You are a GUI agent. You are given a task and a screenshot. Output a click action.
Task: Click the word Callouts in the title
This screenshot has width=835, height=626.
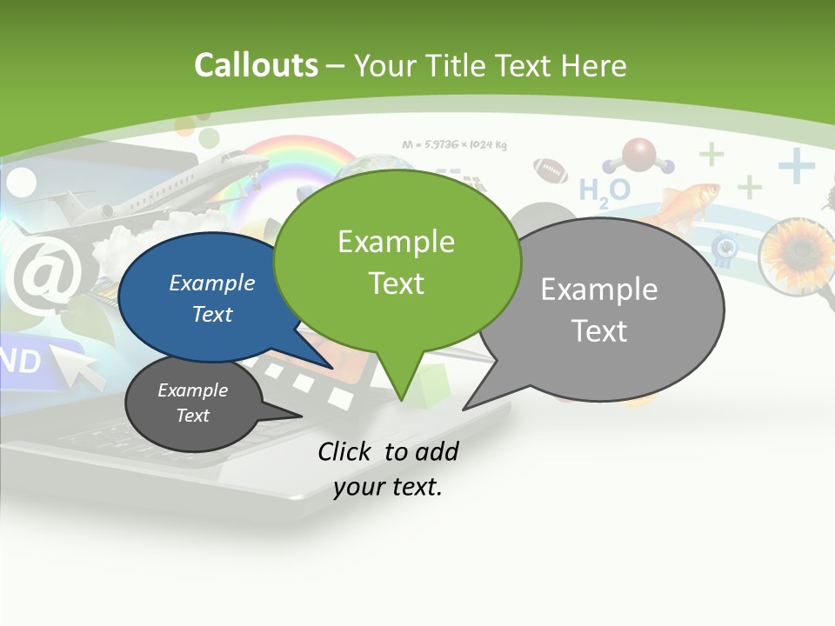pyautogui.click(x=256, y=65)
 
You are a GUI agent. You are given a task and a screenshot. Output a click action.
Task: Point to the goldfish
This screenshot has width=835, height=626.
pyautogui.click(x=687, y=200)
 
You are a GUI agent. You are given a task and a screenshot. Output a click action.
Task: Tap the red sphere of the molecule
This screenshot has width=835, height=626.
pyautogui.click(x=640, y=154)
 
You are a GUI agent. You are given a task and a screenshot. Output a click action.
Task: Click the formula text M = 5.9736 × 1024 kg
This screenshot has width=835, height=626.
pyautogui.click(x=455, y=144)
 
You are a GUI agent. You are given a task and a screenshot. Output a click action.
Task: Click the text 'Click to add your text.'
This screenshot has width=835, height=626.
pyautogui.click(x=388, y=469)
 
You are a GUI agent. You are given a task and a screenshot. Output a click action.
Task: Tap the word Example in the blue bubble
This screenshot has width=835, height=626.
pyautogui.click(x=212, y=283)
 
